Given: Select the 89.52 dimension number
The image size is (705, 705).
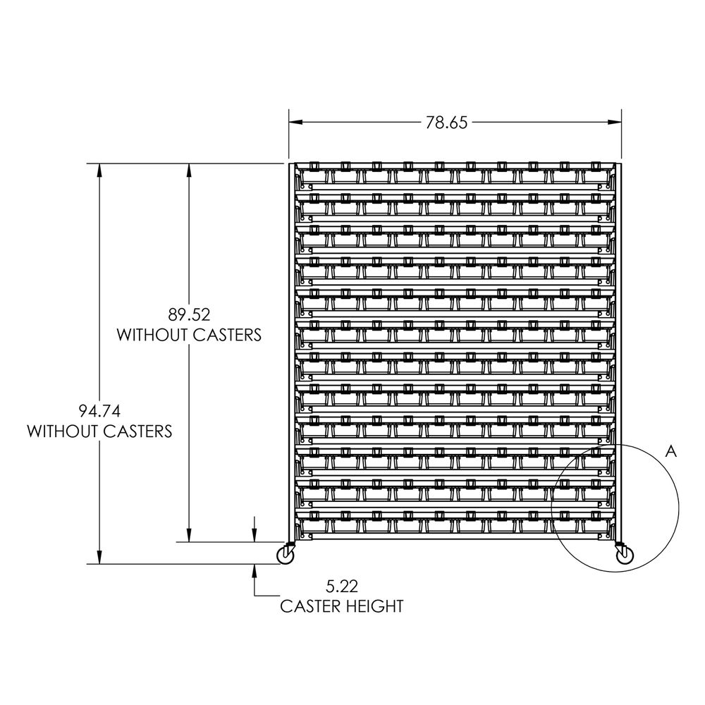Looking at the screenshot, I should coord(189,314).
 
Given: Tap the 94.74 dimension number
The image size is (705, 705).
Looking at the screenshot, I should coord(99,410).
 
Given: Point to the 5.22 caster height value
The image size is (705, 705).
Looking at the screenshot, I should coord(341,586).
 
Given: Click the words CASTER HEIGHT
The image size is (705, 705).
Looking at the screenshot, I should coord(341,606).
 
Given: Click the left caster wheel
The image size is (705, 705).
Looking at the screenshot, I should coord(286,556).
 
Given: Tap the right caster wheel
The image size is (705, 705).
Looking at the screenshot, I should coord(623,556).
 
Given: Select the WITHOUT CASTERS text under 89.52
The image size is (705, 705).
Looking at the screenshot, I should coord(189,334).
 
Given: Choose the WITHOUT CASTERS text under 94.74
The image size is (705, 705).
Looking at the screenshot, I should coord(99,431).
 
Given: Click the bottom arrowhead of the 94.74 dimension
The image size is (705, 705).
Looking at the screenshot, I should coord(99,558).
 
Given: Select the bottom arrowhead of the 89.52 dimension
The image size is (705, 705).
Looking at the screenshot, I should coord(189,536).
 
